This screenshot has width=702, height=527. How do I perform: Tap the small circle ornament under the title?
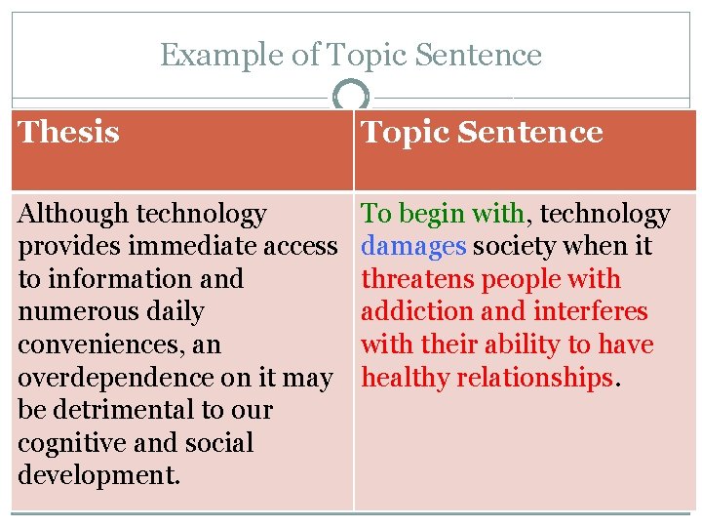[351, 98]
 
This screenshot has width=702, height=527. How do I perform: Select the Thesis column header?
[69, 132]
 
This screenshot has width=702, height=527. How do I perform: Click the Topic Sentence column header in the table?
[482, 133]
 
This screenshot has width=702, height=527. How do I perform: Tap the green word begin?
[432, 214]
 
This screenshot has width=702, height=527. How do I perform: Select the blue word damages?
[413, 246]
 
